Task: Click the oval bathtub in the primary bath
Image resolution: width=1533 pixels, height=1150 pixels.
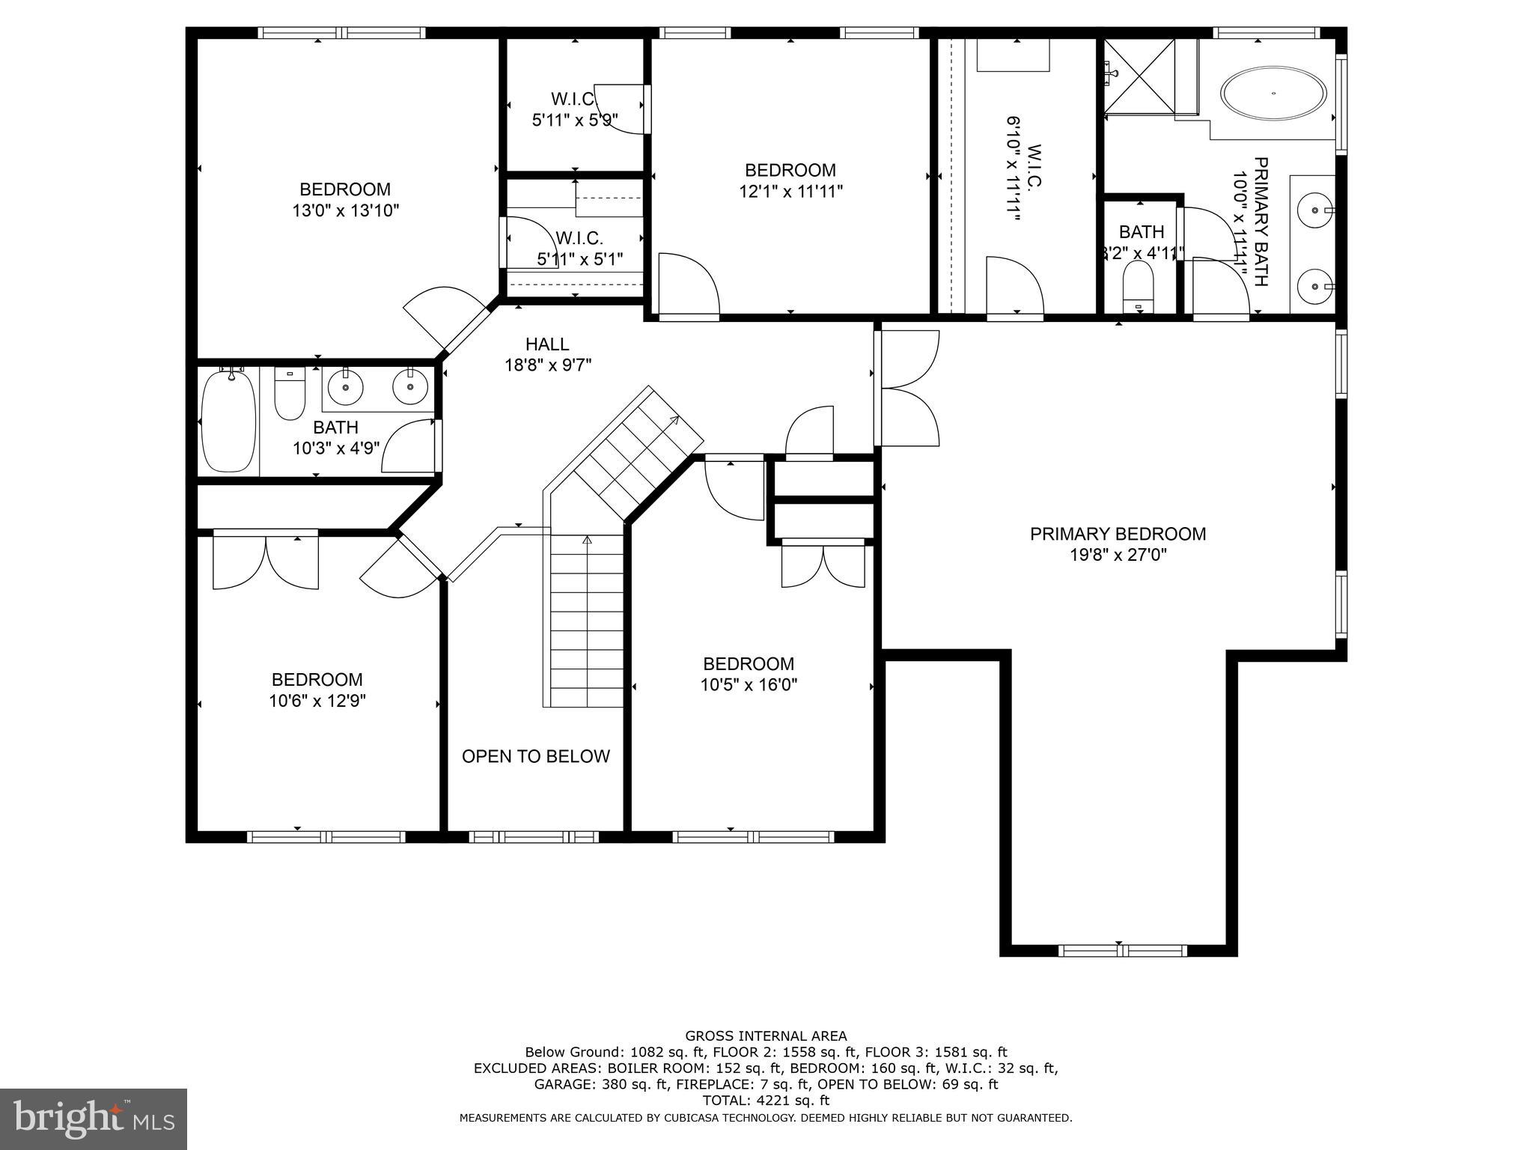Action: pos(1273,94)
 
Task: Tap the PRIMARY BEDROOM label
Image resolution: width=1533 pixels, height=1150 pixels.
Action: pos(1118,534)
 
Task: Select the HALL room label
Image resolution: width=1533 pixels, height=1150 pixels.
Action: pos(547,344)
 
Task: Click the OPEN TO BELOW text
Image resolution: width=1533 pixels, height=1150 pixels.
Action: pos(535,756)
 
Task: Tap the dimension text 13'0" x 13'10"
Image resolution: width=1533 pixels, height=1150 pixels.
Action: pos(345,210)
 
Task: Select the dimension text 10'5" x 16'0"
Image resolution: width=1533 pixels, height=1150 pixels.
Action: pos(749,684)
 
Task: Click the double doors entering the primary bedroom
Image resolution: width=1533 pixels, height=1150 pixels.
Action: pos(908,389)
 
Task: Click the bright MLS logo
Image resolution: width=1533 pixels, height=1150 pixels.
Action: pos(93,1119)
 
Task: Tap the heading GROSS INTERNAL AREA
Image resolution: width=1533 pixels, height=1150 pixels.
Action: pos(766,1036)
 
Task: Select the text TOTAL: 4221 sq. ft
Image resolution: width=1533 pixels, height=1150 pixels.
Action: pos(766,1101)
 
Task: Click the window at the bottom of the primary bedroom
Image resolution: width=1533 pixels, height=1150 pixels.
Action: pos(1122,951)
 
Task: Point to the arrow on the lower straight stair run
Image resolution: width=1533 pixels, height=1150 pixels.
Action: pos(587,539)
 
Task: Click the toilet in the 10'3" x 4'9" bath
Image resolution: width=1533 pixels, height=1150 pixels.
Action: pos(290,395)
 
